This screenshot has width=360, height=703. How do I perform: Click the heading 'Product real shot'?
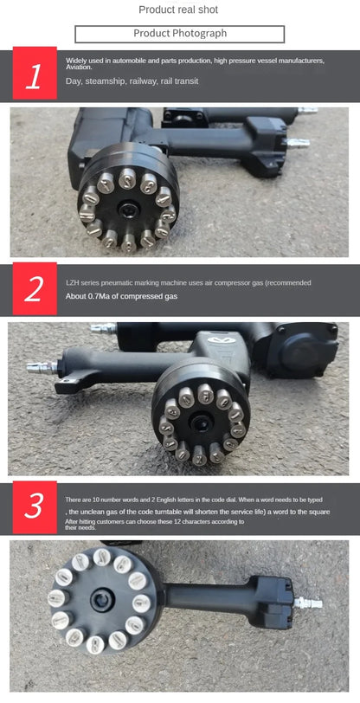179,10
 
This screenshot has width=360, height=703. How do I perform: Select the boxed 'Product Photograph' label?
179,34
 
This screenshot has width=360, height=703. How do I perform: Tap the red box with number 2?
35,289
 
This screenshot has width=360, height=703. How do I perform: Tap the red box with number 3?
35,506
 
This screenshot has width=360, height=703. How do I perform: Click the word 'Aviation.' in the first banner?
80,66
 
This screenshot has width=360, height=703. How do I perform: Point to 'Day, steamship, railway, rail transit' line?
132,81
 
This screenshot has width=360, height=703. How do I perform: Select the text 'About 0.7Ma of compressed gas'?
121,296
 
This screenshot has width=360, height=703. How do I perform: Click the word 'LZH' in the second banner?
73,282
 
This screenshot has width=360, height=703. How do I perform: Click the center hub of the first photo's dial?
128,207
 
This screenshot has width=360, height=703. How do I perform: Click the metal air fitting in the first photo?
298,142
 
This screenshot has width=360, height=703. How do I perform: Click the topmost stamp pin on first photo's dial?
126,178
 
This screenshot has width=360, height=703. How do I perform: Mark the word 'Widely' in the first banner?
75,60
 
